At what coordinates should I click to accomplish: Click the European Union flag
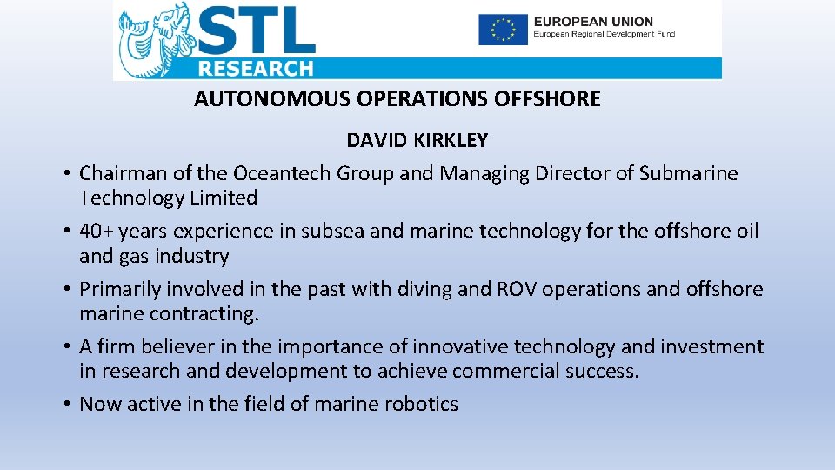click(x=503, y=30)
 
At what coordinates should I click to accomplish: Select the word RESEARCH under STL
click(x=255, y=69)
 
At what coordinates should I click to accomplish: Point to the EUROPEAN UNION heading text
click(x=593, y=21)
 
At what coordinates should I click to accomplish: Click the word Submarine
click(x=688, y=173)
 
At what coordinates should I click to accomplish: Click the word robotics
click(x=421, y=404)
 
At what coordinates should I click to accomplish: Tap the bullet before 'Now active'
click(x=66, y=405)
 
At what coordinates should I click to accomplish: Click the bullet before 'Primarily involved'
click(x=66, y=289)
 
